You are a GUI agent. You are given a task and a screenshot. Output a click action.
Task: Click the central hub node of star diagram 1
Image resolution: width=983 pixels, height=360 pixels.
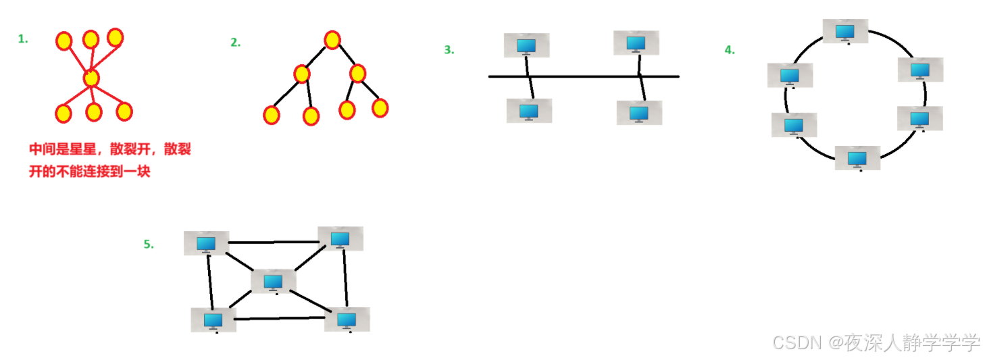(91, 78)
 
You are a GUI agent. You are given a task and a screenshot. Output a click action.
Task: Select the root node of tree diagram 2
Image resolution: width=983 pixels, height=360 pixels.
(331, 40)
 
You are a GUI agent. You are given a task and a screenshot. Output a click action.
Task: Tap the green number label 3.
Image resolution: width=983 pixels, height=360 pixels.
(449, 49)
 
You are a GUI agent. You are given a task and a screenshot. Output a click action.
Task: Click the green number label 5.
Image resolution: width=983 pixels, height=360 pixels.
(149, 245)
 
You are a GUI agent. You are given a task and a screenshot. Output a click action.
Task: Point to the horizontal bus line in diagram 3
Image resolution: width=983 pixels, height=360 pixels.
(584, 76)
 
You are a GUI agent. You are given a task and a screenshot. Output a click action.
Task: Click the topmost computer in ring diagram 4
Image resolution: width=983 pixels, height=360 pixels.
(845, 31)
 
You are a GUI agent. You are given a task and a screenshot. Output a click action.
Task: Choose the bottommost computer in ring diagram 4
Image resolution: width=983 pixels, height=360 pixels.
(857, 158)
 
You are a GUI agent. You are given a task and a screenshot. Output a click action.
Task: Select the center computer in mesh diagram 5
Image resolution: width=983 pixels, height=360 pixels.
(273, 281)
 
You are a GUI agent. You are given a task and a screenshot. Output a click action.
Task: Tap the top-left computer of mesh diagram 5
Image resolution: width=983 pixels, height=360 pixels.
(206, 243)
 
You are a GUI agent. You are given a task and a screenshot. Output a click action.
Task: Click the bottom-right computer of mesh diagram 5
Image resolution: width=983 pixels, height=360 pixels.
(347, 319)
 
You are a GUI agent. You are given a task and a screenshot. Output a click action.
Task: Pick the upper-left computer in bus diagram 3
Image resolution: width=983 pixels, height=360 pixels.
(526, 45)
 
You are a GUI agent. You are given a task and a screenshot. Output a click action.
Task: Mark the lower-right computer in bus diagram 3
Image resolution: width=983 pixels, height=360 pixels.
(639, 112)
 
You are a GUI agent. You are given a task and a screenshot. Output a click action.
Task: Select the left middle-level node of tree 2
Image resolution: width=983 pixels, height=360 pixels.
(302, 74)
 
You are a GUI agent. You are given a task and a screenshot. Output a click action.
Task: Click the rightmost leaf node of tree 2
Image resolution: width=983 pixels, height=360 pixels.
(380, 107)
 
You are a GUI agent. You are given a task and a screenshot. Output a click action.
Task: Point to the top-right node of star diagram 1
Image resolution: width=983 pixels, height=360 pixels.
(115, 37)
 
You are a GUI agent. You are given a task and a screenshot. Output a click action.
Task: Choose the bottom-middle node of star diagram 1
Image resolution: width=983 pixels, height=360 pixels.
(93, 112)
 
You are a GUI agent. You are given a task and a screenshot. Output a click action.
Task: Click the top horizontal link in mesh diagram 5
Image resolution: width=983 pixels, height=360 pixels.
(274, 241)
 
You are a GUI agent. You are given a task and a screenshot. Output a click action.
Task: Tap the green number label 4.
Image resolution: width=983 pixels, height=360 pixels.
(730, 49)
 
